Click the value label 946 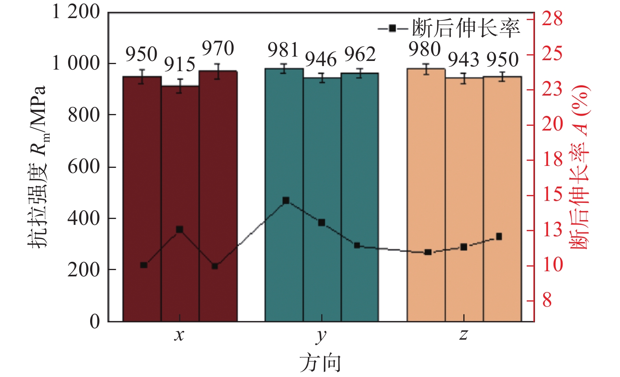pos(321,60)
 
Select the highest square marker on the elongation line pos(286,201)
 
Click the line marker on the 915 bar pos(180,230)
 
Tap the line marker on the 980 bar pos(428,252)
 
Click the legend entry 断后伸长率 pos(449,28)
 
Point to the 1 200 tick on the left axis pos(76,12)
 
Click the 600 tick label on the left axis pos(83,167)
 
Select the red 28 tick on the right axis pos(552,19)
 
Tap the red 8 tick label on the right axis pos(547,300)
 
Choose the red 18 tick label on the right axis pos(552,160)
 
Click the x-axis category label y pos(321,335)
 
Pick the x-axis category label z pos(463,335)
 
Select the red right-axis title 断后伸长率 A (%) pos(580,167)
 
